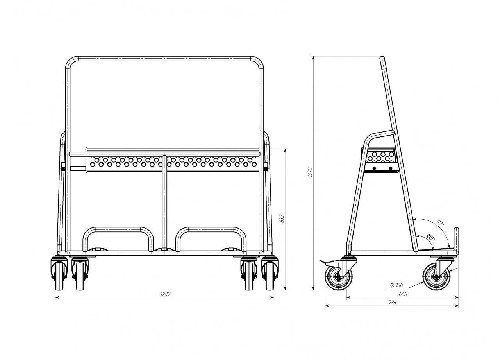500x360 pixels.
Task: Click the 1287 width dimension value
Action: (165, 294)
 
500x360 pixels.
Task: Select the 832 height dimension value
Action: (282, 219)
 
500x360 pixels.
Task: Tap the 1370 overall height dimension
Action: (310, 172)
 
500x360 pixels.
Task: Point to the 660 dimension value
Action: (403, 294)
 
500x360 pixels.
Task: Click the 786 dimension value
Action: (393, 303)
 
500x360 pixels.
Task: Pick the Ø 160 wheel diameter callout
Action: (396, 285)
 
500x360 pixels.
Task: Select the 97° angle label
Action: (440, 223)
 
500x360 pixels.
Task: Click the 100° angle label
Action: (430, 237)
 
